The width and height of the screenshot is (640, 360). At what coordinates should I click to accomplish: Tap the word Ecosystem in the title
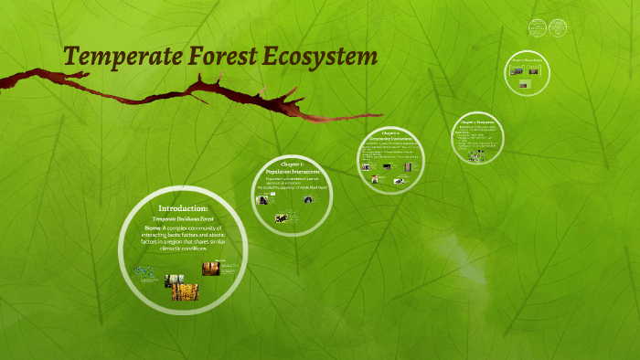point(319,58)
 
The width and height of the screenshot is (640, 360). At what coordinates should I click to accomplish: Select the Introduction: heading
point(183,208)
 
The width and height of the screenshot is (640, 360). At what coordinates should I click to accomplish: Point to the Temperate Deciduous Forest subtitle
point(183,220)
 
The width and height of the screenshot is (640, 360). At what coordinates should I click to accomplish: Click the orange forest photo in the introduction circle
point(210,268)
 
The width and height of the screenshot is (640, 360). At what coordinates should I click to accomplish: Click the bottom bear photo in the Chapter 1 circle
point(282,217)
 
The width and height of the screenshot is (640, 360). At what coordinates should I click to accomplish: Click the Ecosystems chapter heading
point(477,121)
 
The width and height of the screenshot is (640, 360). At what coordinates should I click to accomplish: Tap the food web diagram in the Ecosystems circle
point(475,155)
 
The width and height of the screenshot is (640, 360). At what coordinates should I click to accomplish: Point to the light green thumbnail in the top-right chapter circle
point(525,83)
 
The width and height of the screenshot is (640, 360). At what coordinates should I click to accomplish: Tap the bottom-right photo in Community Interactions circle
point(399,181)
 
